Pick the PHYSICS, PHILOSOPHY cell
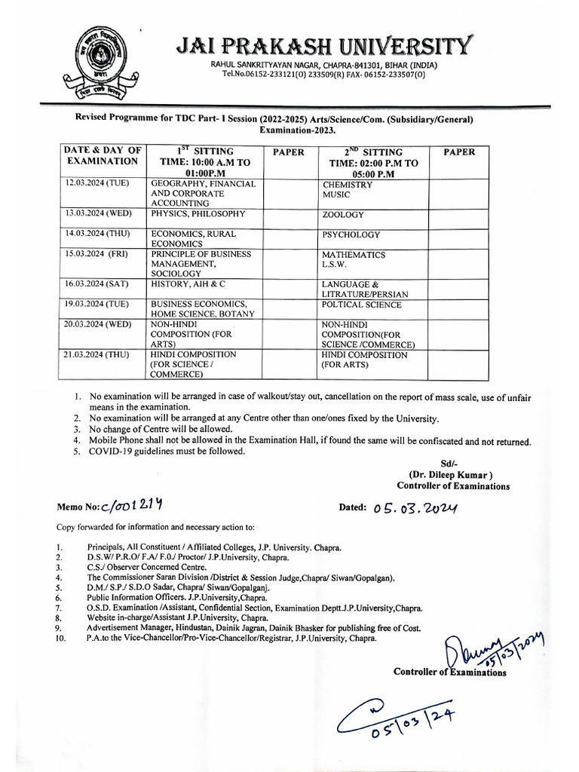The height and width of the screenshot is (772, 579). (199, 214)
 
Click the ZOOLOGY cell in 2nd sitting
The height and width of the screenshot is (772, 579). (343, 215)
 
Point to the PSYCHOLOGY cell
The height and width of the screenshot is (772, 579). (351, 234)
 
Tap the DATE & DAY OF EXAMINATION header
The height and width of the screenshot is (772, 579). (103, 156)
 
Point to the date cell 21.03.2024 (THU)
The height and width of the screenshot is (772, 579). (99, 354)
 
